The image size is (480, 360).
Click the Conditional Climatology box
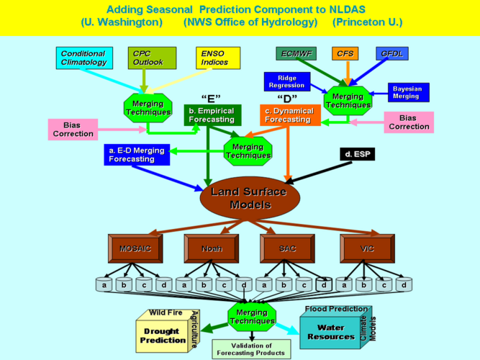tap(83, 58)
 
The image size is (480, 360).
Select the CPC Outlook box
tap(152, 58)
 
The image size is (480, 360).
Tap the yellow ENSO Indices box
tap(219, 58)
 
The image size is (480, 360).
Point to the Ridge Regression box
tap(287, 81)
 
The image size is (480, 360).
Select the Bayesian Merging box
tap(406, 93)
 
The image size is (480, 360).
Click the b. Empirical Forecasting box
tap(212, 115)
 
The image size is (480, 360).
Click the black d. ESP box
tap(358, 154)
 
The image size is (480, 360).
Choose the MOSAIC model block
tap(135, 248)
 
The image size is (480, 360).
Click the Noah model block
tap(211, 248)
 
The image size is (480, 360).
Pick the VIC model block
tap(366, 248)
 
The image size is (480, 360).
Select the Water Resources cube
tap(330, 332)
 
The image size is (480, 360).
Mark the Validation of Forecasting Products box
tap(251, 348)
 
